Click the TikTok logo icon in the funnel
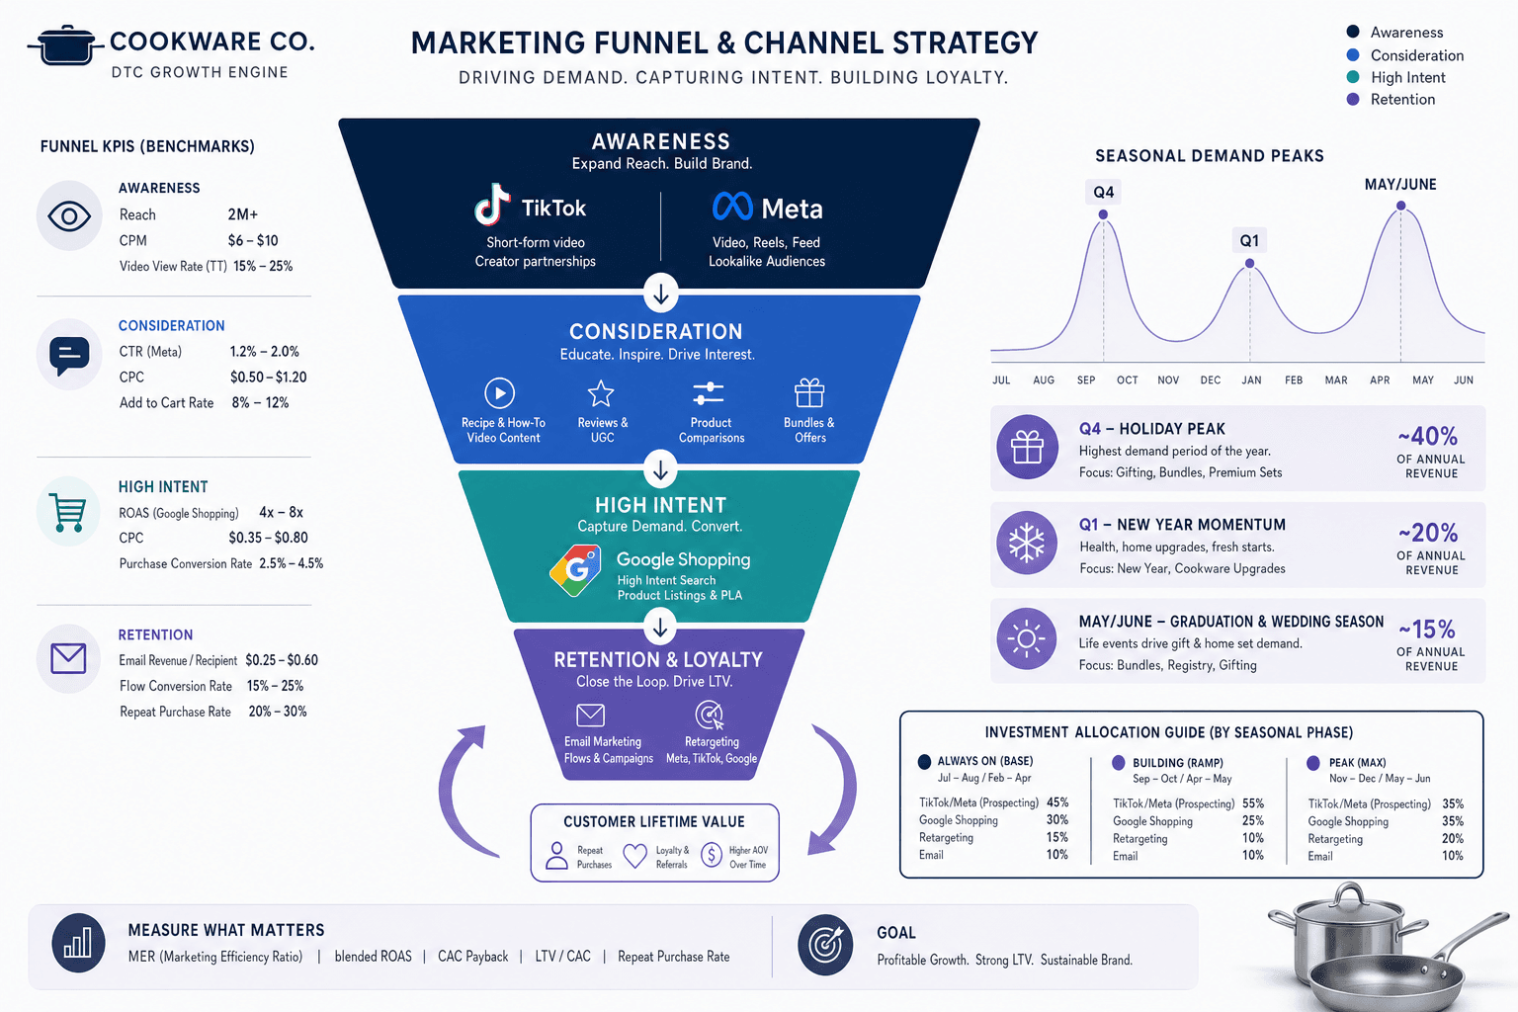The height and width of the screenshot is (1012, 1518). (492, 204)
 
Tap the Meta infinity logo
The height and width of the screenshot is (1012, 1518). (732, 207)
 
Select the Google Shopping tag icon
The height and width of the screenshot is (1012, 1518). (575, 570)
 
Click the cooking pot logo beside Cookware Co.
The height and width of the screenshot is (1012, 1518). (66, 44)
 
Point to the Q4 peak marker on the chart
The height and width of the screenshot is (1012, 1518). (1103, 214)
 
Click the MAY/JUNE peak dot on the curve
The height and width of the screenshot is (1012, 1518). (1400, 206)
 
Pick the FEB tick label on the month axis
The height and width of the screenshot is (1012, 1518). (1294, 380)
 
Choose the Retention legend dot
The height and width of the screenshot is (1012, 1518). (1353, 99)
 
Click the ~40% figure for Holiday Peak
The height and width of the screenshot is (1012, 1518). (1428, 435)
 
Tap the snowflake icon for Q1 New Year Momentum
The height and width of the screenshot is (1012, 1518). (1027, 543)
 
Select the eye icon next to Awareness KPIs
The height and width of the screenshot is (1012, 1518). (69, 216)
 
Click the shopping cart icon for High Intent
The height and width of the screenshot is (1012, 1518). (68, 513)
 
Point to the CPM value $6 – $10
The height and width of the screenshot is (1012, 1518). (253, 240)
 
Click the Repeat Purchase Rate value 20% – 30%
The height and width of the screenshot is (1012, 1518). (277, 712)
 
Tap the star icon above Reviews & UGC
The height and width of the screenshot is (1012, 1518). (601, 393)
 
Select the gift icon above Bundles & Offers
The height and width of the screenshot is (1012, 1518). (809, 392)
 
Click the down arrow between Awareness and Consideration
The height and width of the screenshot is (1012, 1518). (661, 295)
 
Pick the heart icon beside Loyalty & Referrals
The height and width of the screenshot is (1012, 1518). (635, 856)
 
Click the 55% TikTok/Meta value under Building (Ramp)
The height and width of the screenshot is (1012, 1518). (1253, 803)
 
